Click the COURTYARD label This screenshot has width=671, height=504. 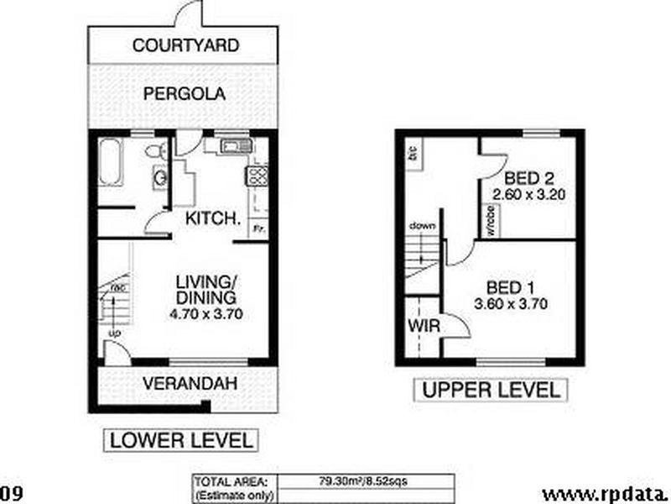[x=185, y=45]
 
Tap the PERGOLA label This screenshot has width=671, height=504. [x=185, y=94]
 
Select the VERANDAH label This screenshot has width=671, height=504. [x=188, y=384]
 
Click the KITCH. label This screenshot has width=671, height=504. [x=213, y=219]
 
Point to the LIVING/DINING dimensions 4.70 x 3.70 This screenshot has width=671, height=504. [x=205, y=313]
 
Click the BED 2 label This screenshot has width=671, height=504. [x=526, y=178]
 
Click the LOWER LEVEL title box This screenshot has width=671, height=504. [x=180, y=439]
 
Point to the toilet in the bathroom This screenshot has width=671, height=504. [x=153, y=151]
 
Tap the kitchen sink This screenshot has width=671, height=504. [x=231, y=149]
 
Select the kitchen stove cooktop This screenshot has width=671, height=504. [x=255, y=176]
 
